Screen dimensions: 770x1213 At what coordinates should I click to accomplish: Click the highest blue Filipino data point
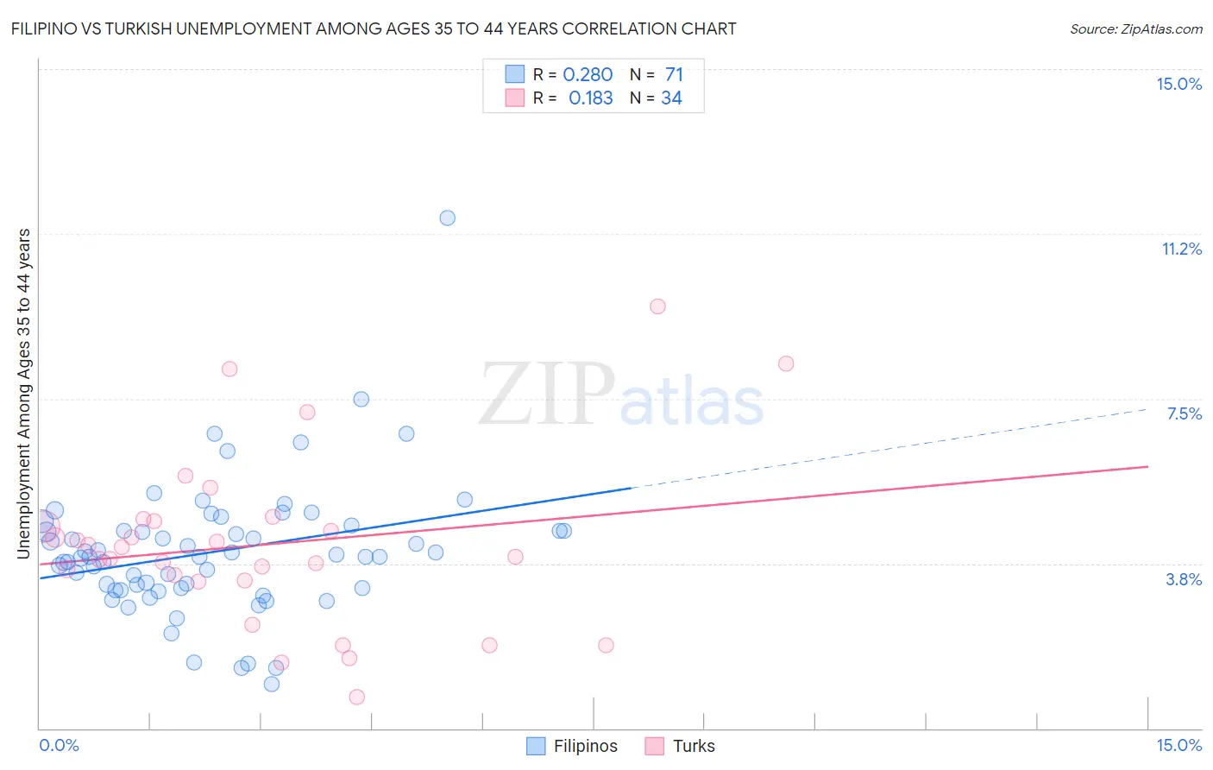click(x=447, y=218)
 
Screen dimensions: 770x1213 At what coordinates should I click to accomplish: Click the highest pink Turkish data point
click(x=657, y=306)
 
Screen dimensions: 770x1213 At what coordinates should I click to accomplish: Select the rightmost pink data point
click(x=786, y=363)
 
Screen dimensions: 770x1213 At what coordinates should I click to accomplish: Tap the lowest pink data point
click(x=356, y=697)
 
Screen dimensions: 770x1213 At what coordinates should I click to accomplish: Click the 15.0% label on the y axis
click(x=1178, y=84)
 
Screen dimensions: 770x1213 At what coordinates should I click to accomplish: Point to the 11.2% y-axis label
click(x=1181, y=249)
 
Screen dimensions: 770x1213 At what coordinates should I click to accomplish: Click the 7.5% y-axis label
click(x=1184, y=413)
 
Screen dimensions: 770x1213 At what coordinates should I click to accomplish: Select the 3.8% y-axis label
click(x=1184, y=579)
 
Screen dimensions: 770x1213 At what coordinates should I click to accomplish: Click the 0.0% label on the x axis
click(x=60, y=745)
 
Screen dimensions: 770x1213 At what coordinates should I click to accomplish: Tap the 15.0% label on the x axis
click(x=1178, y=745)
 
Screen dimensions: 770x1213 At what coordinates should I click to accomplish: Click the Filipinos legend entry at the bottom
click(x=573, y=746)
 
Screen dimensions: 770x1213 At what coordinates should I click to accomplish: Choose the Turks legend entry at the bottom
click(x=680, y=746)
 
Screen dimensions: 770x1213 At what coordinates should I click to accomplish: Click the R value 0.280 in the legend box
click(x=588, y=75)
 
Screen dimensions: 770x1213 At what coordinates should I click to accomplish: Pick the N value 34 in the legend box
click(x=671, y=98)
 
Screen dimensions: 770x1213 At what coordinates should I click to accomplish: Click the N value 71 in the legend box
click(x=674, y=75)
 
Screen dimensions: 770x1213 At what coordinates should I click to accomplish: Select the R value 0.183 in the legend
click(x=590, y=98)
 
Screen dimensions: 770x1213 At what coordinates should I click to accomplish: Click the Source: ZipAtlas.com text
click(x=1135, y=28)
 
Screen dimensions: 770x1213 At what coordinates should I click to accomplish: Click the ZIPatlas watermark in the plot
click(x=621, y=394)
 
